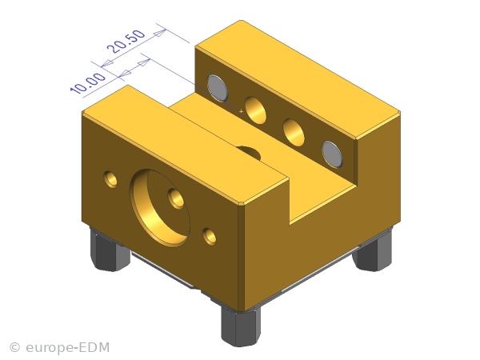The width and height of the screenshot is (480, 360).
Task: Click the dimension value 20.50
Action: [126, 42]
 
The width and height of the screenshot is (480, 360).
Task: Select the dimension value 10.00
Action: [88, 83]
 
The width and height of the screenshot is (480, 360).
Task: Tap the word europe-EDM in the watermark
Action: [68, 348]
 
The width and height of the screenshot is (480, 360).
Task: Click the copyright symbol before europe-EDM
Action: [14, 348]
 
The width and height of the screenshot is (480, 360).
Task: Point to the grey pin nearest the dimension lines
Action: [218, 88]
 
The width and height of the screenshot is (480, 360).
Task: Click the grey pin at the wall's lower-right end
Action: [332, 154]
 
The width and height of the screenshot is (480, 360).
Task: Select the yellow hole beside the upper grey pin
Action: [256, 110]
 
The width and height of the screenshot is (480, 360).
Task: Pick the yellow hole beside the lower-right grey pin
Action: [294, 133]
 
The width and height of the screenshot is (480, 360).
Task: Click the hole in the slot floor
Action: [249, 152]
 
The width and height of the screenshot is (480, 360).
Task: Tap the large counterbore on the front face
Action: [160, 207]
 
